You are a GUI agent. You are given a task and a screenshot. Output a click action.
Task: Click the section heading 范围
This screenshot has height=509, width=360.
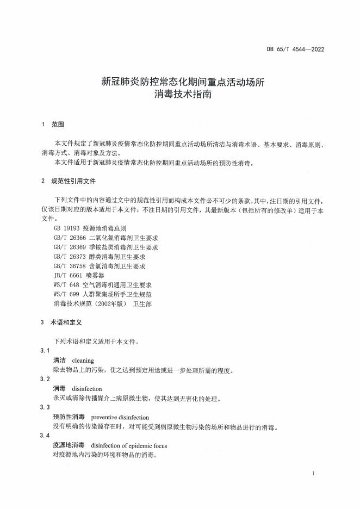point(58,125)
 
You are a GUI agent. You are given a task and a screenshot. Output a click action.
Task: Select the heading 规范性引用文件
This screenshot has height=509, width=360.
point(73,181)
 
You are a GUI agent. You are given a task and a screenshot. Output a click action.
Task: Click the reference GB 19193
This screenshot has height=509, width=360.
point(64,229)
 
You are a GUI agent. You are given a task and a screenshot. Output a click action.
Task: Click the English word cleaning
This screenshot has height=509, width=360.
point(83,361)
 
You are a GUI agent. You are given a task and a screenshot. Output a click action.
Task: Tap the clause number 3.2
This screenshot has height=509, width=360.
point(46,379)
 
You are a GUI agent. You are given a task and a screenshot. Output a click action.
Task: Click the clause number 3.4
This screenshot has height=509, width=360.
point(46,436)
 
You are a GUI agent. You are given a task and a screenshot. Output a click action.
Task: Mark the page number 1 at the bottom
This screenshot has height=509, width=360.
point(314,475)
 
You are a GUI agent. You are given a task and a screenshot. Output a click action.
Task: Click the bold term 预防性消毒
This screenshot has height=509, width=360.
point(68,417)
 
